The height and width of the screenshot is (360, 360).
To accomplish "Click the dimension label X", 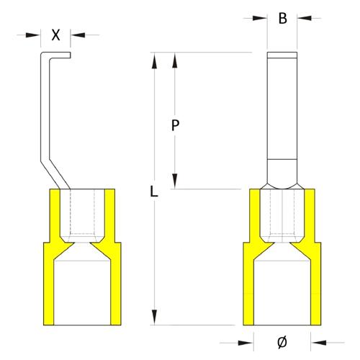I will (57, 33).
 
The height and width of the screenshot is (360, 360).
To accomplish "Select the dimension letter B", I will (283, 19).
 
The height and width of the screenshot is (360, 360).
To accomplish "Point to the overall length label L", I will (153, 192).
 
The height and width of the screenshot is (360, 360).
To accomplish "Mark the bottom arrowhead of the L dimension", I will (153, 319).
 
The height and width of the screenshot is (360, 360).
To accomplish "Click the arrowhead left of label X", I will (37, 33).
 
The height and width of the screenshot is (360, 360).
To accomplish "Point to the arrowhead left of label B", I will (262, 19).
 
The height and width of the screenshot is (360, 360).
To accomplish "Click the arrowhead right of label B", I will (302, 19).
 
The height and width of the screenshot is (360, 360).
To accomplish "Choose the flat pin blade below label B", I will (282, 115).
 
